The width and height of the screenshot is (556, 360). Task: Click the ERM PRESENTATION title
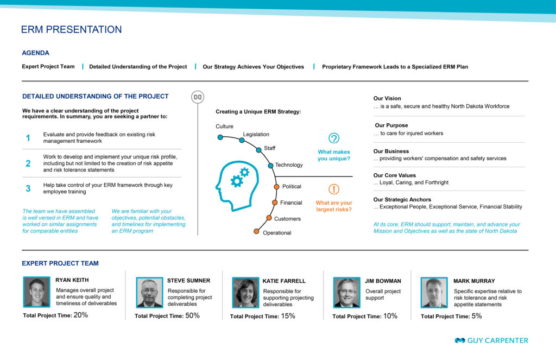[71, 29]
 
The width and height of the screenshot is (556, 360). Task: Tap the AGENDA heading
[35, 53]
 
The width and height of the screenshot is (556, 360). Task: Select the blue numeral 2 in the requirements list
[28, 163]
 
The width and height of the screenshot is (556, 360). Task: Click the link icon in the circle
[198, 97]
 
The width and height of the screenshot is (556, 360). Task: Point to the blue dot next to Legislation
[242, 141]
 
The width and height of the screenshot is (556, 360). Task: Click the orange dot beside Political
[276, 187]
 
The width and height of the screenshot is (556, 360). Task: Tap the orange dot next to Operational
[256, 232]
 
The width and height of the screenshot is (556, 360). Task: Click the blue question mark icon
[334, 138]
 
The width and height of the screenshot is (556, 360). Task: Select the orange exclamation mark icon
[334, 189]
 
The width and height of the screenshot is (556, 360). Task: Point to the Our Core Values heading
[394, 175]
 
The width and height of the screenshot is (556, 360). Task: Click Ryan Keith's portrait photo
[36, 292]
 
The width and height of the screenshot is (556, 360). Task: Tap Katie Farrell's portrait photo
[245, 293]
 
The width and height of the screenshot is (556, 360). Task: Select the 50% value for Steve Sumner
[193, 315]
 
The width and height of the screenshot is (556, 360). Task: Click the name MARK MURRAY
[474, 281]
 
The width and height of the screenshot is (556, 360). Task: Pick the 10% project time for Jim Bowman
[390, 315]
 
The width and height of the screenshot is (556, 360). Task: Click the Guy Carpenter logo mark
[460, 340]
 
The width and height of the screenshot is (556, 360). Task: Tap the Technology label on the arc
[289, 165]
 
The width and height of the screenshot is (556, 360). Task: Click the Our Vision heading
[387, 98]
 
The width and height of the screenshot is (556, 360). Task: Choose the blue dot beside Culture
[220, 137]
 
